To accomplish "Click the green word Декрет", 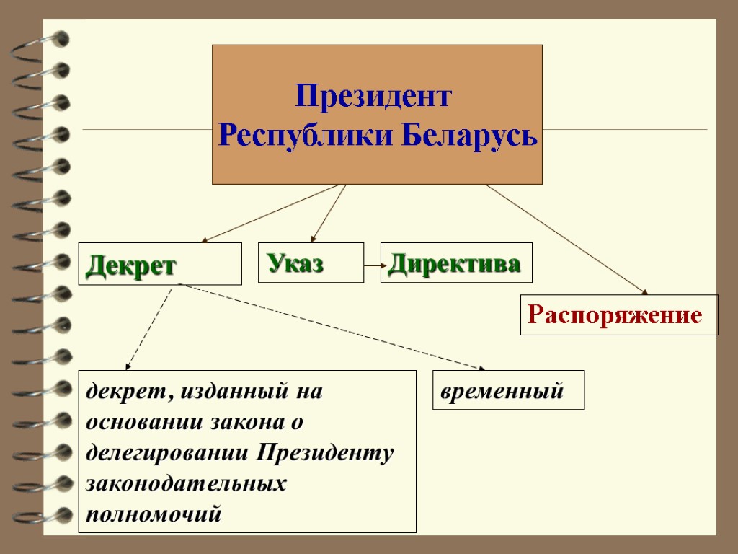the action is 130,265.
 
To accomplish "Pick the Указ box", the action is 311,263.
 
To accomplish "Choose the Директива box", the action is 455,263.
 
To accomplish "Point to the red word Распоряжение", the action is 615,315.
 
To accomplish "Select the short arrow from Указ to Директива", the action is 372,265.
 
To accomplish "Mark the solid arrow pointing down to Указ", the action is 329,213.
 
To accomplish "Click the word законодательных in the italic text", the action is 186,484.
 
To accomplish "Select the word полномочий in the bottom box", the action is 153,514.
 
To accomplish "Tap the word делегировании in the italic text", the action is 167,452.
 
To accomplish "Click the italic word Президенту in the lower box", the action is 325,452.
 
